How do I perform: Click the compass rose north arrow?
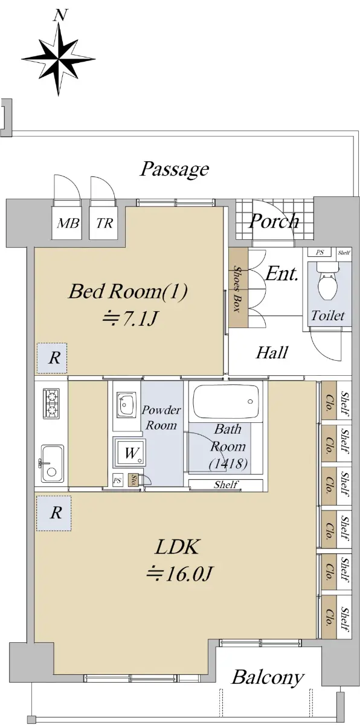click(x=59, y=59)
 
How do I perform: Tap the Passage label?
click(x=174, y=169)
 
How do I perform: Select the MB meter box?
click(x=67, y=223)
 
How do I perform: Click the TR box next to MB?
click(x=104, y=223)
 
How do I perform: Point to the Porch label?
click(x=274, y=221)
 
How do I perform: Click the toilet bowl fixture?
click(x=327, y=282)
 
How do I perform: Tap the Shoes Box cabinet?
click(x=239, y=288)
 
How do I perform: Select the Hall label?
click(x=272, y=352)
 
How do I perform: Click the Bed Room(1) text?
click(x=128, y=291)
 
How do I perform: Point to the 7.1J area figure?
click(x=130, y=318)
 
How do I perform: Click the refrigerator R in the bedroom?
click(x=52, y=358)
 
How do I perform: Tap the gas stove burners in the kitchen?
click(x=51, y=404)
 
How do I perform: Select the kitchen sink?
click(x=52, y=463)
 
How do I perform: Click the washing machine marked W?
click(x=129, y=452)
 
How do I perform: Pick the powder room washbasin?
click(x=126, y=405)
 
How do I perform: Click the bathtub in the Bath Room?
click(x=226, y=402)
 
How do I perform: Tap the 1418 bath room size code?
click(x=228, y=464)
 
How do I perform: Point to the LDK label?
click(x=176, y=547)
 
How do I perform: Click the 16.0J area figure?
click(x=179, y=575)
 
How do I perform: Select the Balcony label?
click(x=268, y=677)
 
